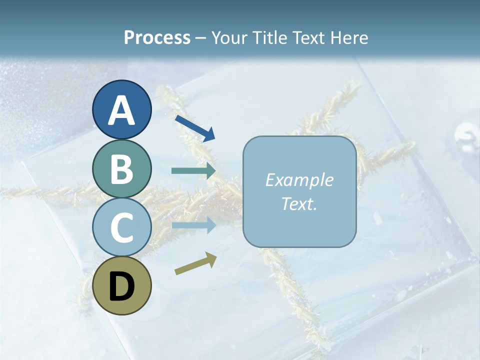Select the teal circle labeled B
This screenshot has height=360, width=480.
121,169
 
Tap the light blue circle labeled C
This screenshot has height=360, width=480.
121,227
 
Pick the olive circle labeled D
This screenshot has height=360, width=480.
121,286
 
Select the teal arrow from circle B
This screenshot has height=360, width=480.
193,170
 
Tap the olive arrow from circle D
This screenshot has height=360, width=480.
195,263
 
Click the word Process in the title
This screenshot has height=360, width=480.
157,37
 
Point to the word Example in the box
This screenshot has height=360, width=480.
299,180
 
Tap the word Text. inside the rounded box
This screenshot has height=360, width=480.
299,203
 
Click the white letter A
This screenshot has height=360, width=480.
121,110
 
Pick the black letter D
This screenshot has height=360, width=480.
121,286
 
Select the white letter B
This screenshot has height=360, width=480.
121,169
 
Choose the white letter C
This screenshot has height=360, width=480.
121,227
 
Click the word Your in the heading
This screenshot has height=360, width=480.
228,37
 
